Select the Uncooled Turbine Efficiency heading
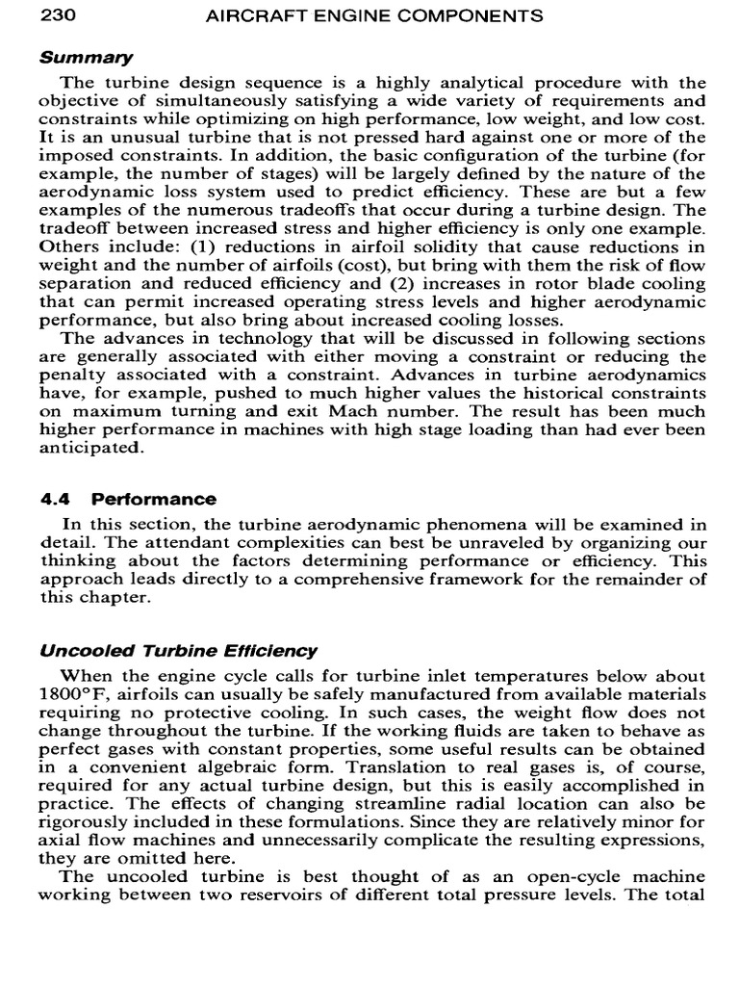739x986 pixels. click(x=178, y=652)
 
